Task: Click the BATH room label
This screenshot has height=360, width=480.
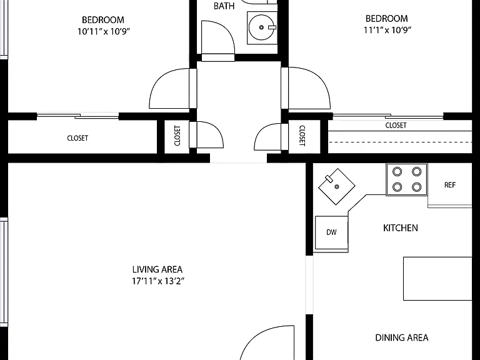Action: (x=224, y=6)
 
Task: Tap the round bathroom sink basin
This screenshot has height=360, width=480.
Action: (x=261, y=27)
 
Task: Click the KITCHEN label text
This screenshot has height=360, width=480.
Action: (x=401, y=227)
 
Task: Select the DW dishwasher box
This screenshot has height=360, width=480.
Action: (x=331, y=232)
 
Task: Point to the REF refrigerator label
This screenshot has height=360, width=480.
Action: (x=450, y=185)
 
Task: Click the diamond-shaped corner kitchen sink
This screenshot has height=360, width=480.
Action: (x=337, y=186)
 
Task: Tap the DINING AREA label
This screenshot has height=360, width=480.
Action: (x=402, y=337)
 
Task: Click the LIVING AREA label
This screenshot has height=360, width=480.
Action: (x=157, y=269)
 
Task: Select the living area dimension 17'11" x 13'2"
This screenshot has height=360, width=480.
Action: (x=158, y=281)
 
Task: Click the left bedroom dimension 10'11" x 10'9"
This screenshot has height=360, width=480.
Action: (x=104, y=31)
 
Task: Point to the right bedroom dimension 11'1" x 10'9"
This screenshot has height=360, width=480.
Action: (x=387, y=30)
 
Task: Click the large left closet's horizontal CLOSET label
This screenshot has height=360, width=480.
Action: (x=77, y=138)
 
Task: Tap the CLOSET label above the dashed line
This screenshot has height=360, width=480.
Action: (x=396, y=125)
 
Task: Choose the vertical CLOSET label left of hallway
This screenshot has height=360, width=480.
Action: (x=177, y=136)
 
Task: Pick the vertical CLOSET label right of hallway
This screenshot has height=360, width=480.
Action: (x=302, y=136)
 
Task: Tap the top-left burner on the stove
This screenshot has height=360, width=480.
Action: (x=397, y=171)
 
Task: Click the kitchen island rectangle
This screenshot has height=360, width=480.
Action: (x=437, y=279)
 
